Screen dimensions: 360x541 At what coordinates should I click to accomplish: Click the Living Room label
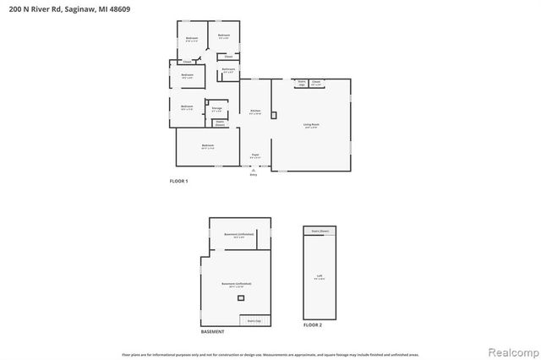[310, 127]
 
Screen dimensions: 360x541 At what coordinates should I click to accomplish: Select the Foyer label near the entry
[254, 155]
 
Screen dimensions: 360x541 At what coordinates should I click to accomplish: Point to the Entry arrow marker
[253, 172]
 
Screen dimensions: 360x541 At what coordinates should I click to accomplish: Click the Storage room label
[217, 110]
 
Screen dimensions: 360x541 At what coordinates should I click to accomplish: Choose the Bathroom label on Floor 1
[228, 70]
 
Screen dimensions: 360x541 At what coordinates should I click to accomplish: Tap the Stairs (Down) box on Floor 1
[219, 123]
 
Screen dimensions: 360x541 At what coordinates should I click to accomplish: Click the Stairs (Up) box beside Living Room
[300, 84]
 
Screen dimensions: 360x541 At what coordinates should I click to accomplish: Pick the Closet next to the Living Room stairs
[316, 84]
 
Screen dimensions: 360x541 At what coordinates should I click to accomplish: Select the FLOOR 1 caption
[179, 182]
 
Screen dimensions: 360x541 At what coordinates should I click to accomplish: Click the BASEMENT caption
[212, 332]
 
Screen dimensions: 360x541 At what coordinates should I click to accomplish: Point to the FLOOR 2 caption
[313, 325]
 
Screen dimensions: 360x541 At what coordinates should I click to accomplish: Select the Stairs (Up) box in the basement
[253, 321]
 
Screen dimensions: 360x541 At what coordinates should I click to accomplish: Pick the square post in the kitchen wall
[272, 115]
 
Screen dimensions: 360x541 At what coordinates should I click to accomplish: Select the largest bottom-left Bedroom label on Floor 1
[208, 147]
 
